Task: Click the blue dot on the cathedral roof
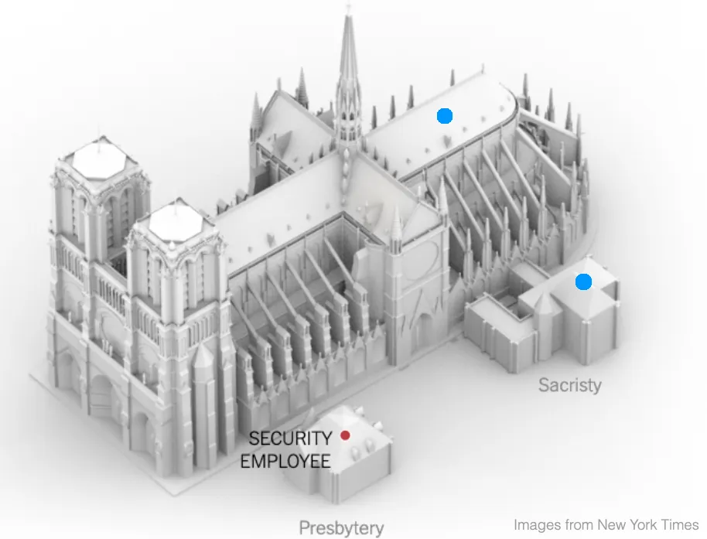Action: pyautogui.click(x=444, y=116)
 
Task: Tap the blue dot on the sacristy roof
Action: pyautogui.click(x=583, y=282)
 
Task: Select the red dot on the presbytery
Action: pyautogui.click(x=346, y=435)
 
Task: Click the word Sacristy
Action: pyautogui.click(x=570, y=384)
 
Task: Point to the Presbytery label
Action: pyautogui.click(x=341, y=529)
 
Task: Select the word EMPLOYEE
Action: pyautogui.click(x=285, y=462)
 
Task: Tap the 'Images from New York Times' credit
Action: pyautogui.click(x=606, y=524)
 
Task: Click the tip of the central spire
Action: pyautogui.click(x=348, y=8)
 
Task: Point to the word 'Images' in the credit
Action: pyautogui.click(x=537, y=524)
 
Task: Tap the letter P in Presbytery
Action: pyautogui.click(x=305, y=529)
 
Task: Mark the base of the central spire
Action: pyautogui.click(x=348, y=139)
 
